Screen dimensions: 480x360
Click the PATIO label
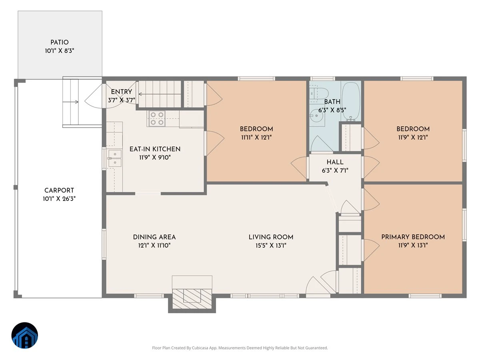(x=60, y=42)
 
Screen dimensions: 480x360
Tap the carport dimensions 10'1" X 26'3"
(x=59, y=199)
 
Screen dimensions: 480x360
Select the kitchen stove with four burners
(x=157, y=118)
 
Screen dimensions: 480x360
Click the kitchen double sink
(x=115, y=158)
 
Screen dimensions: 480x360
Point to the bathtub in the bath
(x=351, y=102)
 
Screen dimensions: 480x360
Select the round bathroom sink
(x=317, y=116)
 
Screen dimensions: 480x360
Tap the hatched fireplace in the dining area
(x=192, y=299)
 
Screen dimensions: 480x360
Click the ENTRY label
(x=121, y=92)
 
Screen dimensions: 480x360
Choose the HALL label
(x=335, y=162)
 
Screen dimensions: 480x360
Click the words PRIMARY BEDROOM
(x=413, y=237)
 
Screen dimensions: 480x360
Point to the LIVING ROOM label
(x=271, y=237)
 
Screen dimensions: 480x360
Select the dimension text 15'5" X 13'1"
(x=271, y=246)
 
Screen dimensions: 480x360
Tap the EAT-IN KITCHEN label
(x=155, y=149)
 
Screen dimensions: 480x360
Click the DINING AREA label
(x=154, y=237)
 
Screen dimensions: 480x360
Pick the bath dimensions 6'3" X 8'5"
(x=332, y=110)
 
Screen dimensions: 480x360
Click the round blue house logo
(x=25, y=336)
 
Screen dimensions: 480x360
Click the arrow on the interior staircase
(x=160, y=94)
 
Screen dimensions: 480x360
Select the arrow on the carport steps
(x=71, y=102)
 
